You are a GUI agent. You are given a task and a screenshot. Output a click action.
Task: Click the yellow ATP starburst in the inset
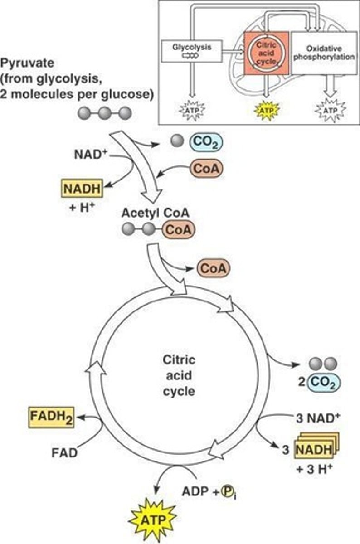pyautogui.click(x=266, y=109)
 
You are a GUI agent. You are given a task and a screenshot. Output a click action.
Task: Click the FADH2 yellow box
pyautogui.click(x=51, y=415)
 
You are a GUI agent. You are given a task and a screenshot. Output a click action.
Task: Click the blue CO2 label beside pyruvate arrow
pyautogui.click(x=207, y=143)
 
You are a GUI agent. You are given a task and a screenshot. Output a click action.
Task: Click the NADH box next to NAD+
pyautogui.click(x=82, y=188)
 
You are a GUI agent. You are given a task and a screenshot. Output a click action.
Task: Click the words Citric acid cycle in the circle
pyautogui.click(x=179, y=375)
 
